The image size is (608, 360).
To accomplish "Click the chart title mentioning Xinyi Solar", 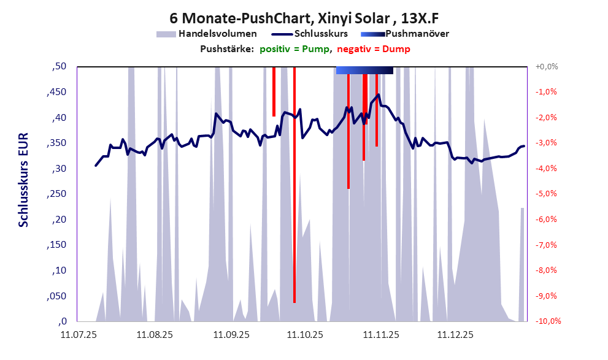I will [x=304, y=18].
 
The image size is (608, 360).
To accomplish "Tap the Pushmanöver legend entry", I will [x=417, y=34].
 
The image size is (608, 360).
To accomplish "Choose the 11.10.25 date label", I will [x=305, y=335].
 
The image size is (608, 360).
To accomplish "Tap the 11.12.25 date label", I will [x=455, y=335].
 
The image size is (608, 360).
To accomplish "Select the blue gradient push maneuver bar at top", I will [x=364, y=71].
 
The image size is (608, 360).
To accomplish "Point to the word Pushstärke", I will [x=227, y=48].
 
